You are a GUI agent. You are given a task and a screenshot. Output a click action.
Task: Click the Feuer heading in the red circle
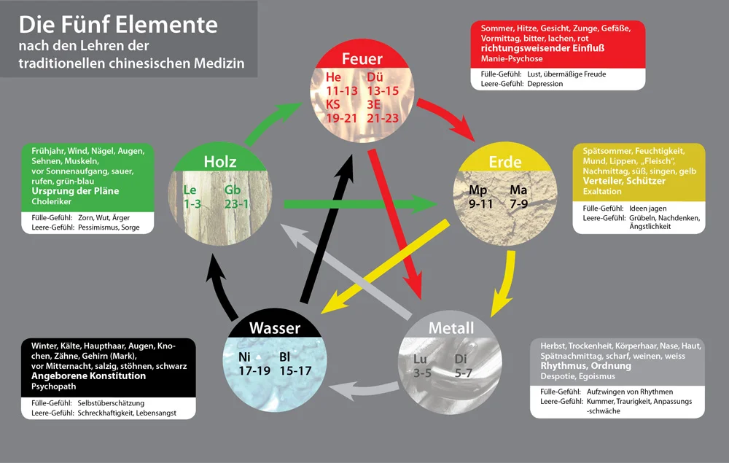click(x=362, y=59)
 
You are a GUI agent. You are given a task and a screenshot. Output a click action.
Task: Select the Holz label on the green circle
click(x=220, y=162)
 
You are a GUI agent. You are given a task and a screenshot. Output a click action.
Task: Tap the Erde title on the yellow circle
click(x=505, y=162)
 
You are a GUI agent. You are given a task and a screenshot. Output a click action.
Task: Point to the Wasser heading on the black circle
click(x=275, y=328)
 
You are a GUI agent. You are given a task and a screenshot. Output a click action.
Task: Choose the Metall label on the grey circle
click(x=451, y=328)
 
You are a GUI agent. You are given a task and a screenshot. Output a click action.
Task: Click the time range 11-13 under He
click(x=342, y=90)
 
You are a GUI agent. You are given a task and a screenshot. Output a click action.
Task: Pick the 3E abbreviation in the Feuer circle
click(x=374, y=104)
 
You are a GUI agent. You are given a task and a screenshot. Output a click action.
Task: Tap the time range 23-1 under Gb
click(x=237, y=204)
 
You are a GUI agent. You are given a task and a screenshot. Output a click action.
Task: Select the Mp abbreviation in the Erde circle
click(x=478, y=190)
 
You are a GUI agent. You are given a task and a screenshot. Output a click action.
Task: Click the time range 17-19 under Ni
click(x=254, y=371)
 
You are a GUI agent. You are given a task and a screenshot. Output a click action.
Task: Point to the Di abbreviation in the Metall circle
click(x=461, y=359)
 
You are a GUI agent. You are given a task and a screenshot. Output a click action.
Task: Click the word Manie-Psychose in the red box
click(x=512, y=59)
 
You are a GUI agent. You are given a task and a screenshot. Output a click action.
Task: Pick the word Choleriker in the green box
click(x=51, y=202)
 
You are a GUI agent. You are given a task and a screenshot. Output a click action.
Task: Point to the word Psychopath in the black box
click(x=53, y=386)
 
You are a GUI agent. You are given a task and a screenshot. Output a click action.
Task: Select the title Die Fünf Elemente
click(x=118, y=25)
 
